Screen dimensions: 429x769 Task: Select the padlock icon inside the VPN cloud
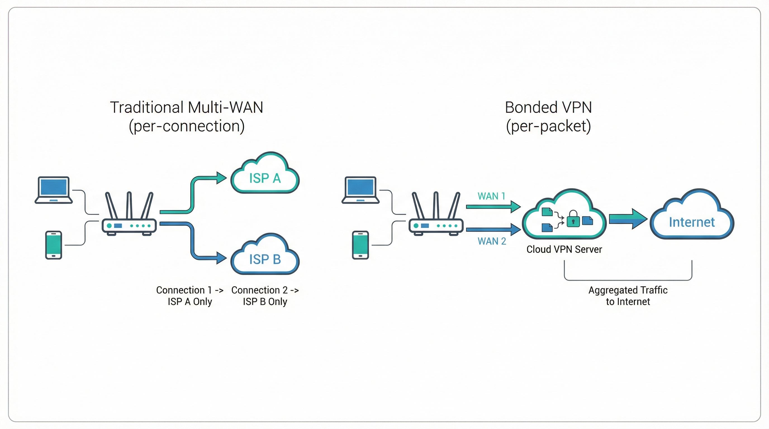pos(573,219)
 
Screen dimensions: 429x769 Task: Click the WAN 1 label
pos(491,196)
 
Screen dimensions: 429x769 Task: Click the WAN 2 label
pos(492,241)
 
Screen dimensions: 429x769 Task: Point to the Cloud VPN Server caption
pos(564,249)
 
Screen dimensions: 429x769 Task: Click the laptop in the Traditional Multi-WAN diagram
pos(54,190)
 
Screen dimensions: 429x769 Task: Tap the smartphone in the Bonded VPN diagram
pos(360,245)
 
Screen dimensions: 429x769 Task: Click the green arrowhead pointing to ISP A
pos(221,178)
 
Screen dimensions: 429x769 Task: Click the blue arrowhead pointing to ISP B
pos(221,258)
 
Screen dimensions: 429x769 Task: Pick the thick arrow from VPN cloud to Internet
pos(628,219)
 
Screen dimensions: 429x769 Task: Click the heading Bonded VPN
pos(548,108)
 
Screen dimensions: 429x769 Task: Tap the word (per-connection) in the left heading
pos(187,126)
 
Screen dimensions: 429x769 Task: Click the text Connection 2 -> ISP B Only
pos(265,296)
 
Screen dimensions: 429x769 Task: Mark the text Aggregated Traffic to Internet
pos(628,296)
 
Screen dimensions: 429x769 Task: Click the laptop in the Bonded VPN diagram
pos(360,190)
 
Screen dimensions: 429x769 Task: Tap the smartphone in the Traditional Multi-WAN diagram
pos(54,245)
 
